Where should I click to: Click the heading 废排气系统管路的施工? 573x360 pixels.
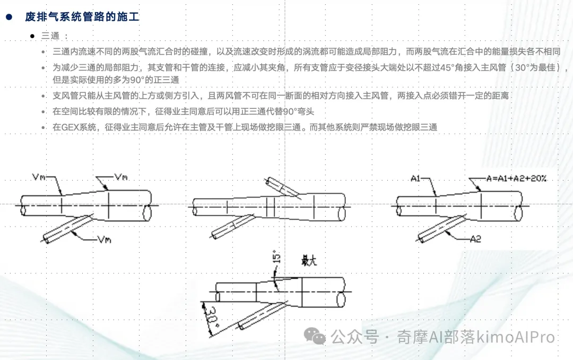point(82,17)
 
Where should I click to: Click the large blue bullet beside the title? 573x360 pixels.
point(9,17)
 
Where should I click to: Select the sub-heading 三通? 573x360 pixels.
point(50,36)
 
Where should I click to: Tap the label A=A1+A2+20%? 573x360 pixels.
point(516,178)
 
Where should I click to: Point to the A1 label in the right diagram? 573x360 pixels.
point(415,178)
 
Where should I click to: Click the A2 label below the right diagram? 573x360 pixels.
point(475,239)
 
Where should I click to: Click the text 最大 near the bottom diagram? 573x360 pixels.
point(309,261)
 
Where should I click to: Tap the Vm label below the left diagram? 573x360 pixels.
point(105,239)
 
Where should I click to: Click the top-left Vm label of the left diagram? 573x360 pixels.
point(39,177)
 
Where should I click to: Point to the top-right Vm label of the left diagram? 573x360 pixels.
point(121,177)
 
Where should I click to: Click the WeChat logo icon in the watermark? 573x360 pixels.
point(315,336)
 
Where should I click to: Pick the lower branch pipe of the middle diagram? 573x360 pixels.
point(232,227)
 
